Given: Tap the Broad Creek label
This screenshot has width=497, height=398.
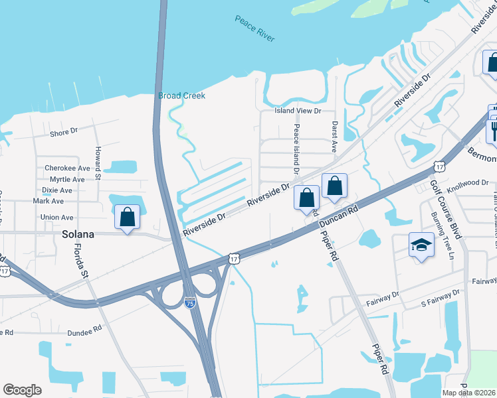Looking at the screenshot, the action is click(181, 96).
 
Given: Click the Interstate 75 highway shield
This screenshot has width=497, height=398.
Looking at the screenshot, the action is click(190, 302).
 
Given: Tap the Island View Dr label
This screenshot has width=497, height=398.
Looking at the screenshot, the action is click(299, 111).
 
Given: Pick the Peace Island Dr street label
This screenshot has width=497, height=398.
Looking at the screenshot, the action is click(296, 145).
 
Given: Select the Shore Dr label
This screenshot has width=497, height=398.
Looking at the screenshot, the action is click(65, 133).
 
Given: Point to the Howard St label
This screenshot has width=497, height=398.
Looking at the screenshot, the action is click(98, 163).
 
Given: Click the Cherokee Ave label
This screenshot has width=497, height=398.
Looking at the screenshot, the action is click(66, 168).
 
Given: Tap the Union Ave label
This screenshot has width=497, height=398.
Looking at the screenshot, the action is click(57, 218).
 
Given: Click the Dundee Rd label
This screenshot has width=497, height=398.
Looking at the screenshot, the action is click(84, 328).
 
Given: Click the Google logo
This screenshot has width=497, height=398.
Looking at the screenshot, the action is click(22, 390).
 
